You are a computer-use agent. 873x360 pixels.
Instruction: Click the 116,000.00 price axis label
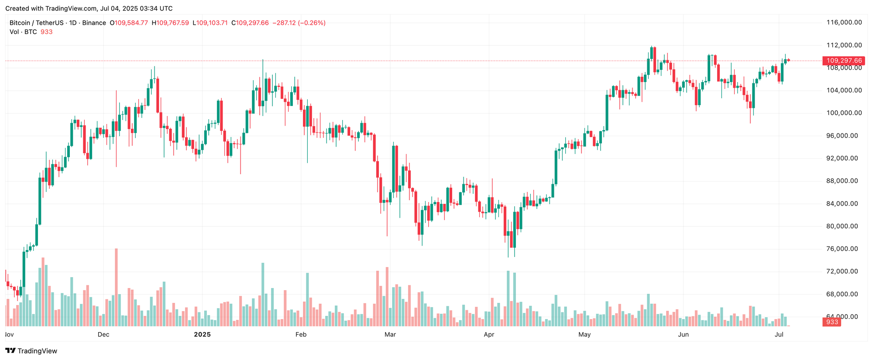click(844, 23)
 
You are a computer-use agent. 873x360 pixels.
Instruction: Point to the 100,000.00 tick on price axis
click(844, 113)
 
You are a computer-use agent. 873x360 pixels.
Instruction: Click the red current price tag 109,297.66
click(844, 61)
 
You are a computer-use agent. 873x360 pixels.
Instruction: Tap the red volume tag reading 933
click(832, 322)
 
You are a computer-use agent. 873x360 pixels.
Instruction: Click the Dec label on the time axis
click(103, 335)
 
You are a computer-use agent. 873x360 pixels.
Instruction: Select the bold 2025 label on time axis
click(202, 335)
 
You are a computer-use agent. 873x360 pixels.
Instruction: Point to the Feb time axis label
click(301, 335)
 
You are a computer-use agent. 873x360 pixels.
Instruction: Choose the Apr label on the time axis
click(489, 335)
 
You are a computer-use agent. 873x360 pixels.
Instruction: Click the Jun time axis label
click(683, 335)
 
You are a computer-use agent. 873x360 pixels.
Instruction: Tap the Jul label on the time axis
click(779, 335)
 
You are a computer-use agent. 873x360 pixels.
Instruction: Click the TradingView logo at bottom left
click(31, 351)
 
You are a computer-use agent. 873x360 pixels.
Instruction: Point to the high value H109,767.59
click(170, 23)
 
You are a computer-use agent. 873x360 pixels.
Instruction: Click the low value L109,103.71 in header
click(210, 23)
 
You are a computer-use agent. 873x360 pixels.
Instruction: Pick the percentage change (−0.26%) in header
click(312, 23)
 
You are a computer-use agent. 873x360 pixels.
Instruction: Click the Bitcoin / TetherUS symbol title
click(37, 23)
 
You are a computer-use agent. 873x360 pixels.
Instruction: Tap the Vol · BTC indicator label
click(23, 32)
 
